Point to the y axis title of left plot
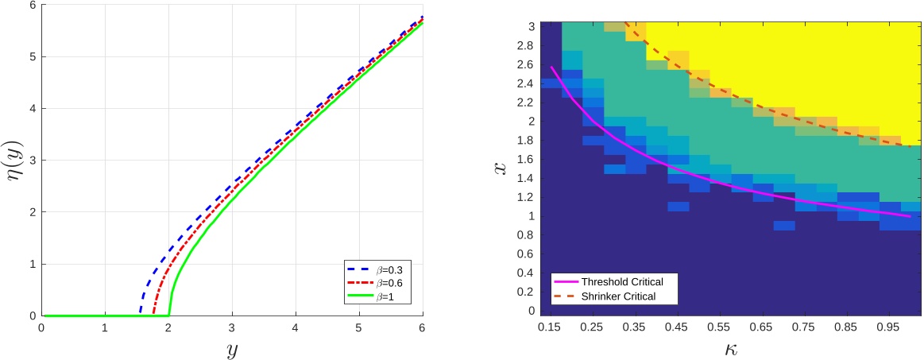click(x=232, y=349)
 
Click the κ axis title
click(x=731, y=348)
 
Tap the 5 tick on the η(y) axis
click(x=32, y=56)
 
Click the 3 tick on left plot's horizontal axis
click(x=231, y=327)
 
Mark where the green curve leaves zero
click(x=168, y=315)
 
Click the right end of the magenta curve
click(x=910, y=216)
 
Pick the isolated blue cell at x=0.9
click(x=784, y=226)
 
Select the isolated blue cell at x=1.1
click(x=678, y=207)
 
